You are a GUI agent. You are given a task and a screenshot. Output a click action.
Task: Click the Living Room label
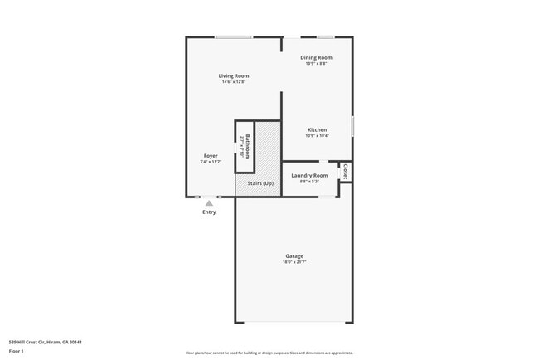click(x=233, y=75)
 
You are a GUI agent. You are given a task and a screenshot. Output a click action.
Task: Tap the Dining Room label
click(x=316, y=58)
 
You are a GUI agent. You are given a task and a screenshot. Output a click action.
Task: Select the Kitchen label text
click(x=318, y=130)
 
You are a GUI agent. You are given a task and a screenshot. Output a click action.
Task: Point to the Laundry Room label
click(x=309, y=175)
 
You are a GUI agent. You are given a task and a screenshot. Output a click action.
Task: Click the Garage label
click(x=294, y=255)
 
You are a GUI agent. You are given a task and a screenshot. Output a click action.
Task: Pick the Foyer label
click(x=211, y=156)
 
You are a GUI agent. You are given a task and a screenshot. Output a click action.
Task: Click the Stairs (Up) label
click(x=260, y=183)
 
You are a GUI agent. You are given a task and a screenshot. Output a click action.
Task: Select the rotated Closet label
click(x=346, y=171)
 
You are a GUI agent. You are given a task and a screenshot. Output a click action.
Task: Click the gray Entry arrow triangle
click(x=209, y=202)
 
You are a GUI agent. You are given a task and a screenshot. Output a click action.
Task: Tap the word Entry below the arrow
click(x=209, y=212)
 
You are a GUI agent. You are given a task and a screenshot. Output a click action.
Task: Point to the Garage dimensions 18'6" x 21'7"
click(x=294, y=262)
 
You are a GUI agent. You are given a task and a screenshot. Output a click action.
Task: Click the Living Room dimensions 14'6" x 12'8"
click(x=233, y=81)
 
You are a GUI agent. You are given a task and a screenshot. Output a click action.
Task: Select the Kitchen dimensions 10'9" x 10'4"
click(x=318, y=136)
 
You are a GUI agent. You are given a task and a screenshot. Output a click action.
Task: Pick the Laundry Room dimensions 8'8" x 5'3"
click(x=309, y=181)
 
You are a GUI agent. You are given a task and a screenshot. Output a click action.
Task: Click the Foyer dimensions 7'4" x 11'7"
click(x=211, y=162)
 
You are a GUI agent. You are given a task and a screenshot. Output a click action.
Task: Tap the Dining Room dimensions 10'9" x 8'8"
click(x=316, y=64)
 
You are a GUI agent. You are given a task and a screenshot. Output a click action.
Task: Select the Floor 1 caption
click(x=17, y=351)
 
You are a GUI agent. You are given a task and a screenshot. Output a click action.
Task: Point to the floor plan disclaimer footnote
click(x=269, y=352)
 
